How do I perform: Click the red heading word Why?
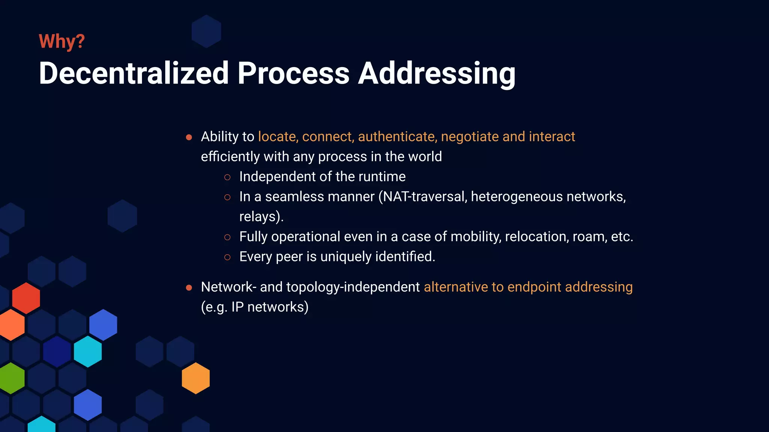coord(62,41)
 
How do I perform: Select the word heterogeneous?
coord(517,196)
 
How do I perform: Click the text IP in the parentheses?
coord(237,307)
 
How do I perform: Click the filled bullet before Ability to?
coord(189,138)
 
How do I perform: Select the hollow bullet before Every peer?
coord(227,257)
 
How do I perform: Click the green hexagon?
coord(12,378)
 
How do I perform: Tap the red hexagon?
coord(26,298)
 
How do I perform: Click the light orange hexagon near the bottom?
coord(196,378)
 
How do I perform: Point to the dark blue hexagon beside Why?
coord(206,31)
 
